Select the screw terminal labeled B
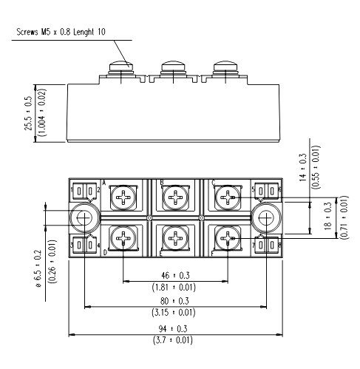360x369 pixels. pyautogui.click(x=174, y=198)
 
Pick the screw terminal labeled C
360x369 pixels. pyautogui.click(x=227, y=198)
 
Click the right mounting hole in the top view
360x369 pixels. pyautogui.click(x=265, y=218)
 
